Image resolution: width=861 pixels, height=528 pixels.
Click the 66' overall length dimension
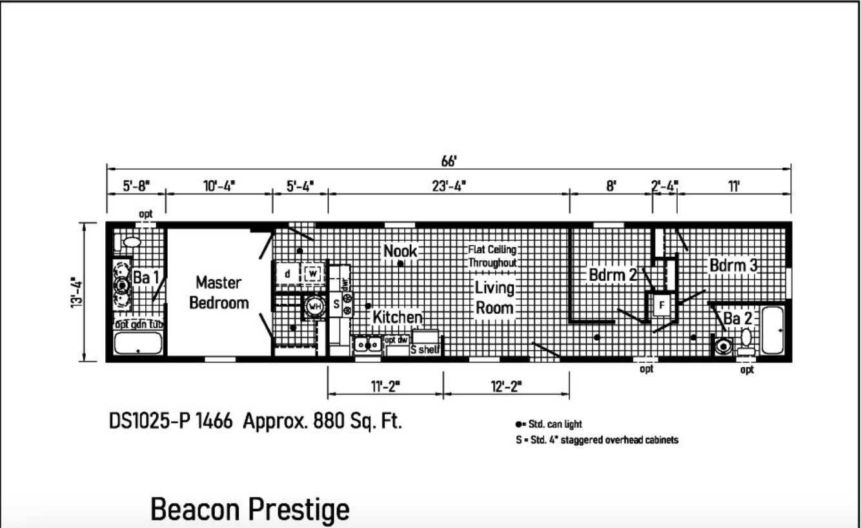pyautogui.click(x=449, y=161)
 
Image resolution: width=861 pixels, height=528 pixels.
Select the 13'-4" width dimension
pyautogui.click(x=77, y=292)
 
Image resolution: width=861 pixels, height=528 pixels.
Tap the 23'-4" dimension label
pyautogui.click(x=449, y=186)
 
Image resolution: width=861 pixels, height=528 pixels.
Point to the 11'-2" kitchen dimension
pyautogui.click(x=385, y=386)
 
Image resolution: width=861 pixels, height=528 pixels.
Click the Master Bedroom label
pyautogui.click(x=219, y=293)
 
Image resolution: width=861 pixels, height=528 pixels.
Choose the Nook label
pyautogui.click(x=400, y=251)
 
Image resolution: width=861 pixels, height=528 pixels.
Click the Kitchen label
pyautogui.click(x=398, y=318)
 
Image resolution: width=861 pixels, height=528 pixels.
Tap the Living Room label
pyautogui.click(x=494, y=298)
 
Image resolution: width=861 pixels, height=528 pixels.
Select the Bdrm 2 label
pyautogui.click(x=613, y=275)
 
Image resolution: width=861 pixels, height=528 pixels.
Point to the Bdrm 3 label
pyautogui.click(x=733, y=265)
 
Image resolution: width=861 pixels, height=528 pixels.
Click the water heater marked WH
pyautogui.click(x=315, y=307)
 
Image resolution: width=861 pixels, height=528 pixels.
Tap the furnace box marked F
pyautogui.click(x=662, y=305)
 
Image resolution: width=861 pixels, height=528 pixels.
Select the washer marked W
pyautogui.click(x=312, y=274)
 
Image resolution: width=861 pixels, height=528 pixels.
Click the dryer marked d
pyautogui.click(x=287, y=274)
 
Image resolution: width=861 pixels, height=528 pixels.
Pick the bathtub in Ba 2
pyautogui.click(x=772, y=330)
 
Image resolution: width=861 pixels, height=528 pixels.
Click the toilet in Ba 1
pyautogui.click(x=129, y=242)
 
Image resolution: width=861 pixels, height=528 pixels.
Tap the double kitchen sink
pyautogui.click(x=368, y=345)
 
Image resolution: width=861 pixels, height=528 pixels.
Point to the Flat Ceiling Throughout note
pyautogui.click(x=492, y=256)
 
